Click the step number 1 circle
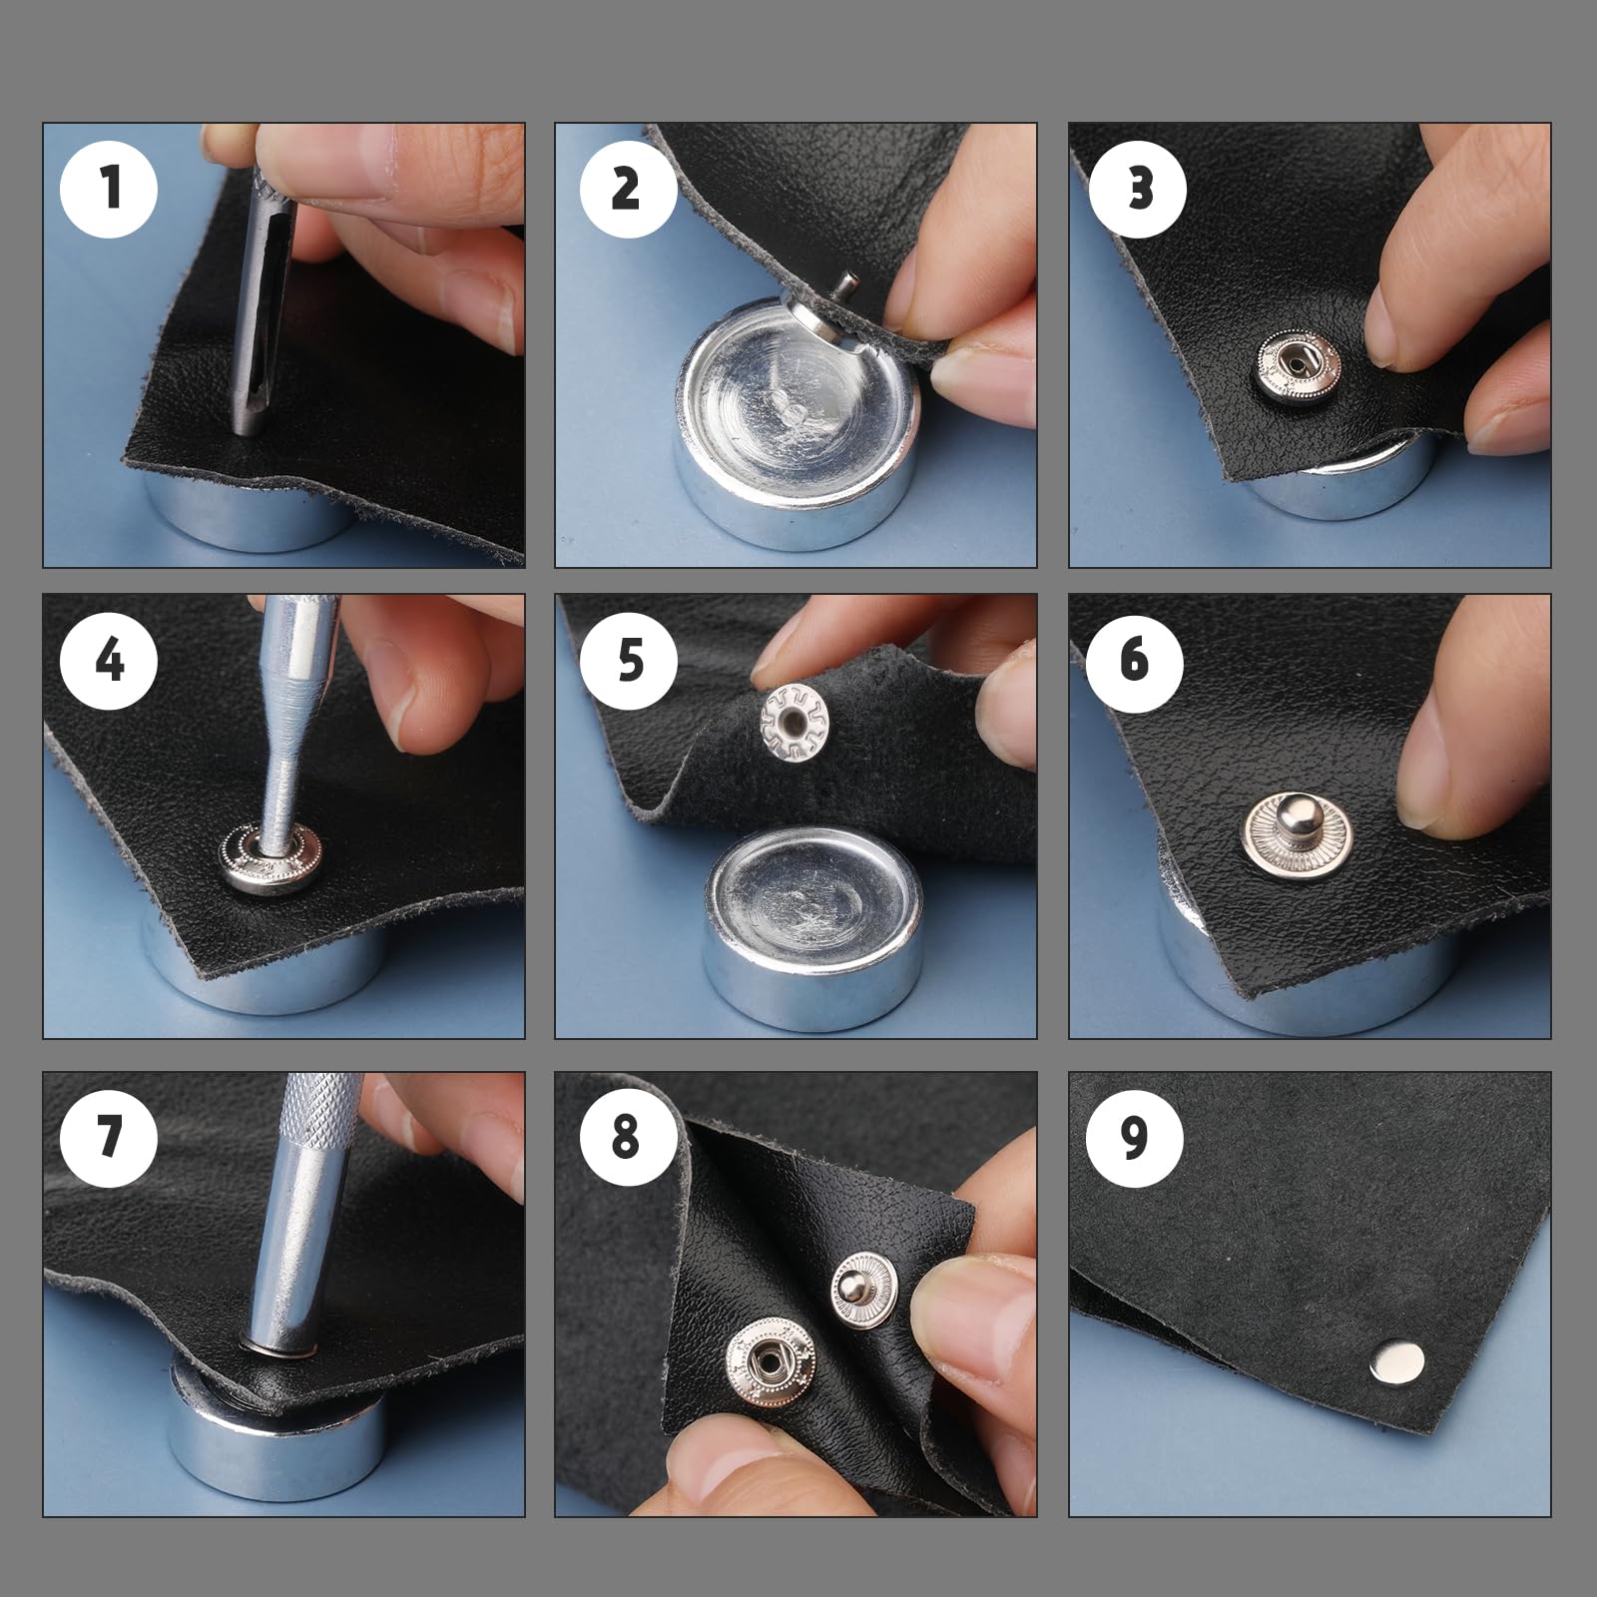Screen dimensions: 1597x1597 click(110, 189)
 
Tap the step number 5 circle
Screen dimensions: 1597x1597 click(628, 660)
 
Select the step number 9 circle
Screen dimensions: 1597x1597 click(1135, 1137)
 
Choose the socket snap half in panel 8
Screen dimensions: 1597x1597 click(770, 1359)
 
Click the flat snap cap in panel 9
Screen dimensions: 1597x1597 click(1396, 1363)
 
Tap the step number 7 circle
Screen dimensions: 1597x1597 click(110, 1137)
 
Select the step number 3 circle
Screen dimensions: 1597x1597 click(1139, 189)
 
